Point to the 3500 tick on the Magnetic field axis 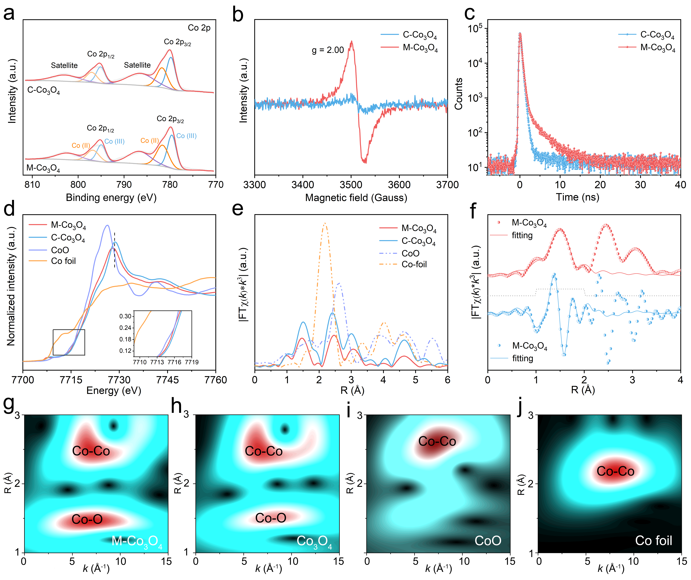pos(351,185)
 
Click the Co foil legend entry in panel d pos(63,261)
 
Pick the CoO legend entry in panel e pos(410,253)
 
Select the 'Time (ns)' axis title pos(578,197)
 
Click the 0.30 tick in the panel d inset pos(125,316)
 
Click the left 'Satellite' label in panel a pos(64,65)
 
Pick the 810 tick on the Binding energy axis pos(32,185)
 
